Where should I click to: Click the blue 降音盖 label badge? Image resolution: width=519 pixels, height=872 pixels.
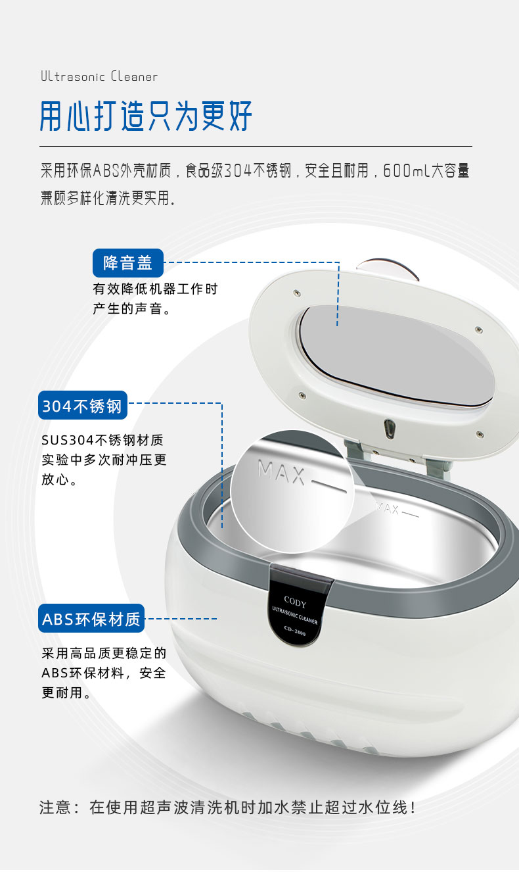[128, 263]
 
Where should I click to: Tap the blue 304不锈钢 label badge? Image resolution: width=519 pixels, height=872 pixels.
[83, 405]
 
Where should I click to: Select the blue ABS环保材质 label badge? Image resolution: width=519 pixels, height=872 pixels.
[91, 618]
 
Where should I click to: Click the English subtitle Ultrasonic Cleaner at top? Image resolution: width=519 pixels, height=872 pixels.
[99, 76]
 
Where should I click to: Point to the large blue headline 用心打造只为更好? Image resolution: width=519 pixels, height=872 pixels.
[146, 116]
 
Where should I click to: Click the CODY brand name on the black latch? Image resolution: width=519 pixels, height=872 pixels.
[295, 602]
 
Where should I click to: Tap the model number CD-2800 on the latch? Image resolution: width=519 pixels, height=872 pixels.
[295, 630]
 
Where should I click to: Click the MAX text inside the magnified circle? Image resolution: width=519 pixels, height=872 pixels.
[281, 472]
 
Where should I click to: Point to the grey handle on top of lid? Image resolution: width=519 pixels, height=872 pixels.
[388, 267]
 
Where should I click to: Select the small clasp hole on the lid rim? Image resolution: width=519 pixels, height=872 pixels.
[388, 429]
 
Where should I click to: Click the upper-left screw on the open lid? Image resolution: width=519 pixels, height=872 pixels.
[297, 293]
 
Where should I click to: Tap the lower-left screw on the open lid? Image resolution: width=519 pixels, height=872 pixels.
[302, 395]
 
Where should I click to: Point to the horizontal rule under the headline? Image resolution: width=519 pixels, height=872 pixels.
[256, 147]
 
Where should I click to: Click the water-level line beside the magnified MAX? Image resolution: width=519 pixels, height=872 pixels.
[329, 487]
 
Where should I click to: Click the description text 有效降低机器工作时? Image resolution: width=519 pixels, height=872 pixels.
[155, 289]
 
